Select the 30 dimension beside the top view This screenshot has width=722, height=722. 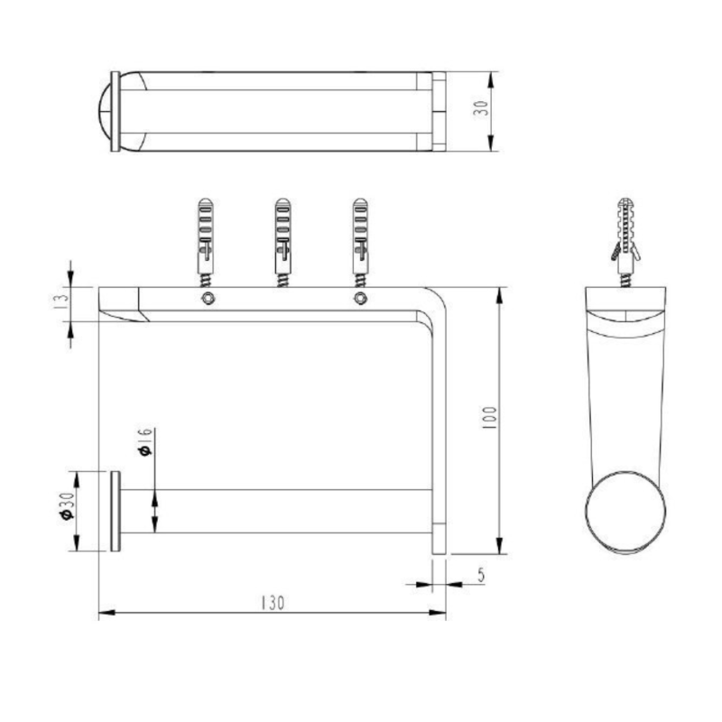click(x=480, y=110)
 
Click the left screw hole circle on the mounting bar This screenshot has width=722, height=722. click(x=208, y=299)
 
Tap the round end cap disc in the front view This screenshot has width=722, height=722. click(x=116, y=511)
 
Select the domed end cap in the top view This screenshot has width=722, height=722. click(x=108, y=110)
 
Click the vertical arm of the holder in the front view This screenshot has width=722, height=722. click(x=440, y=424)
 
